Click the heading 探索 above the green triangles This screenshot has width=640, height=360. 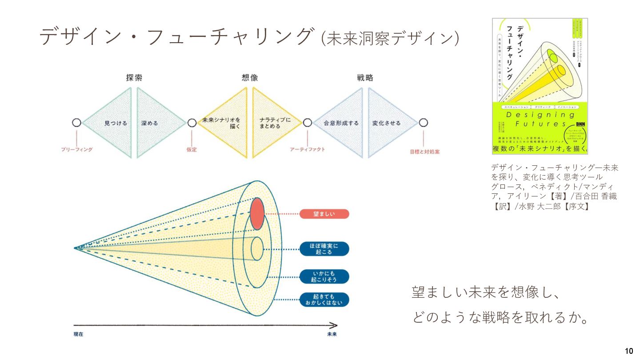134,78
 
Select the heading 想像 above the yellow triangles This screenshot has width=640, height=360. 249,78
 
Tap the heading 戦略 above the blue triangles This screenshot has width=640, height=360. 365,78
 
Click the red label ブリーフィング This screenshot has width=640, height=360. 76,150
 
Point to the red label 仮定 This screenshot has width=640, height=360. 192,150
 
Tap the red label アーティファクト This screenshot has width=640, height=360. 307,149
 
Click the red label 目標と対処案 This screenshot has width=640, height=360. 424,152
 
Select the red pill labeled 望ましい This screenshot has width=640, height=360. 324,214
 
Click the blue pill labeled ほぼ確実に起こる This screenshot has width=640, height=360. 324,249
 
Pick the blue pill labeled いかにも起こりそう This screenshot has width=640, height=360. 324,276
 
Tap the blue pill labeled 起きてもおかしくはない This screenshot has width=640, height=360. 324,300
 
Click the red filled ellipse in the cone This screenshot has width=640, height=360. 257,214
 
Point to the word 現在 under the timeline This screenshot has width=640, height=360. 78,334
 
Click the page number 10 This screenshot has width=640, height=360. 629,351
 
